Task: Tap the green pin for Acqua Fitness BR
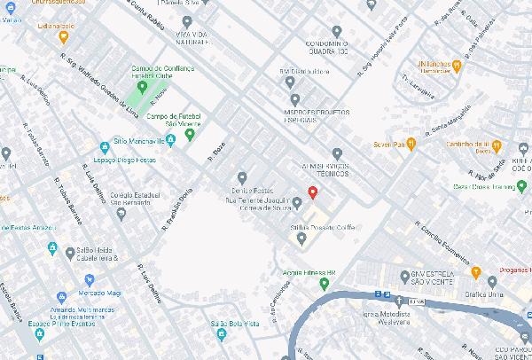pyautogui.click(x=325, y=284)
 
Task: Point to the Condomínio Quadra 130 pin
pyautogui.click(x=337, y=32)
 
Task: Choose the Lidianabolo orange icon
pyautogui.click(x=62, y=36)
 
